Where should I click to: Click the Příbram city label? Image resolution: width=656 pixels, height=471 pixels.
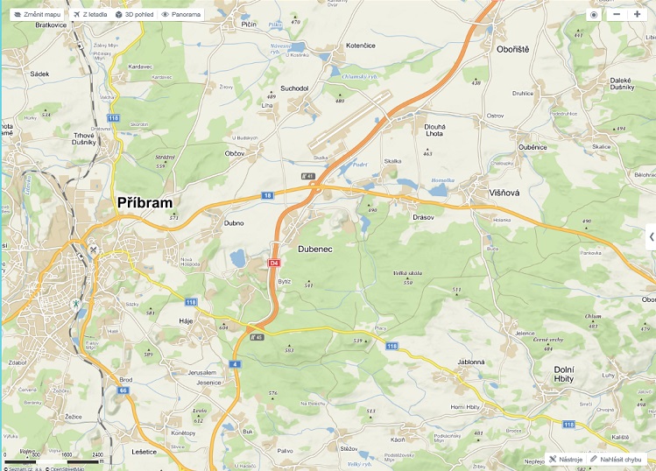(145, 202)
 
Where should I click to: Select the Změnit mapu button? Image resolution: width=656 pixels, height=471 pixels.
(36, 15)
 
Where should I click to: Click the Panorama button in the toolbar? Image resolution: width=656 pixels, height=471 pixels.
(180, 15)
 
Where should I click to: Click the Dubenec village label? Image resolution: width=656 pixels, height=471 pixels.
(315, 250)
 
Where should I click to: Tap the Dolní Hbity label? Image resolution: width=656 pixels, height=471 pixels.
(576, 374)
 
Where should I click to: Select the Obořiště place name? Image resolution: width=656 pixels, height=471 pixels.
(512, 49)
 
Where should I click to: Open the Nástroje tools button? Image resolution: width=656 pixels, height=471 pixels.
(565, 458)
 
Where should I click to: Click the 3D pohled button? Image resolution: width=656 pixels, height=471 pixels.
(134, 15)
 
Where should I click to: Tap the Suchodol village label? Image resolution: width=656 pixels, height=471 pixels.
(294, 88)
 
